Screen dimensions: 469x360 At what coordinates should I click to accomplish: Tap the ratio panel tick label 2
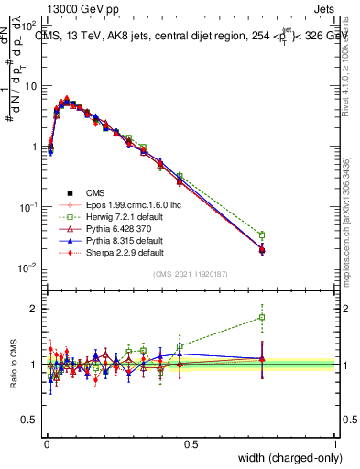coord(35,309)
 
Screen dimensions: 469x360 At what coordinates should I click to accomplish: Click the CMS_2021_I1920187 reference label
coord(191,274)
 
